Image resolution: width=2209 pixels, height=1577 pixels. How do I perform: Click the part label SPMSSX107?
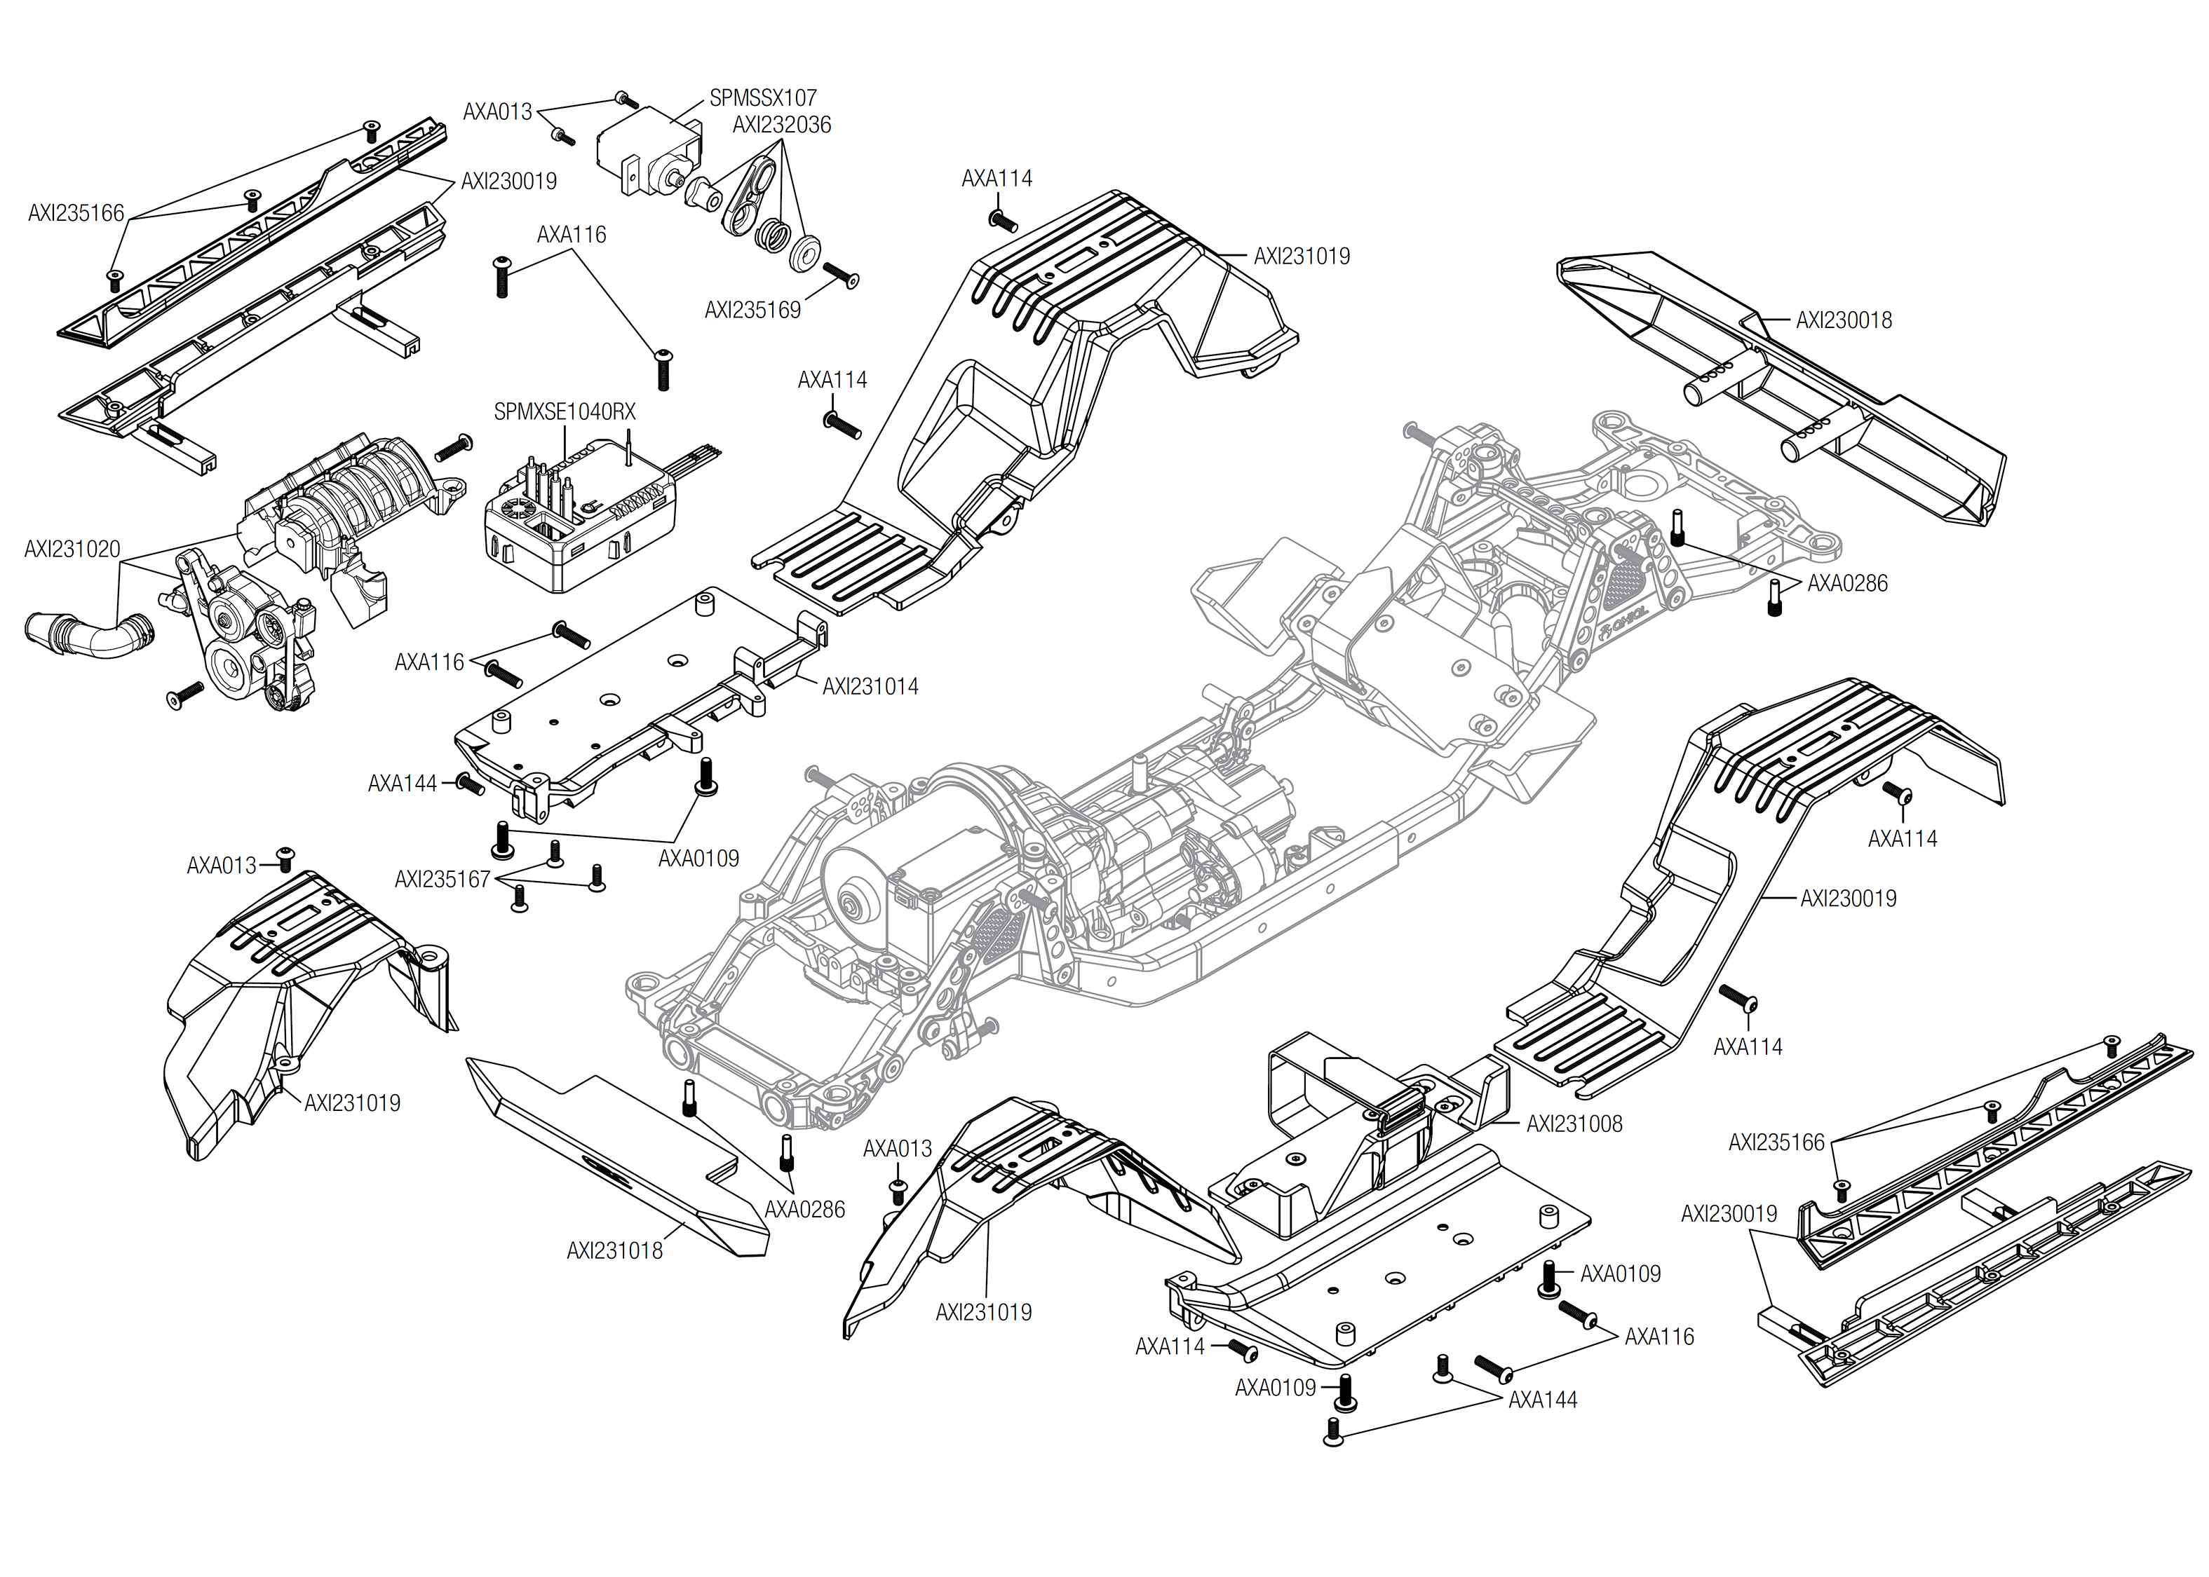[x=762, y=98]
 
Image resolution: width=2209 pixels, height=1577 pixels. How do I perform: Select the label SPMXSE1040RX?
[x=565, y=411]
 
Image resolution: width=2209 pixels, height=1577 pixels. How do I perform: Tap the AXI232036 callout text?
[x=781, y=125]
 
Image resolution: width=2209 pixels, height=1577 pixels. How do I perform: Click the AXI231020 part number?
[x=72, y=549]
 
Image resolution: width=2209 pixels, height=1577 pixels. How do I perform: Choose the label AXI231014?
[x=870, y=687]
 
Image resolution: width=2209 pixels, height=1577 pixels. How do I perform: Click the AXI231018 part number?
[x=614, y=1250]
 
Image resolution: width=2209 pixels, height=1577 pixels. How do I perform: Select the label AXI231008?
[x=1574, y=1124]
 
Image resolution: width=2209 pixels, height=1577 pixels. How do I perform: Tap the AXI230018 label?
[x=1843, y=320]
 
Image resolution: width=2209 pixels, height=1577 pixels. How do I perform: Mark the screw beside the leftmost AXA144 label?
[x=469, y=784]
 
